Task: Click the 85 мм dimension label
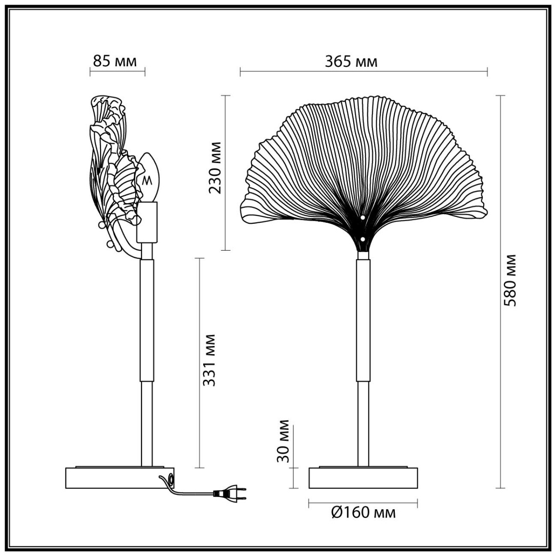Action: click(115, 62)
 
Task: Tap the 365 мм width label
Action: click(351, 62)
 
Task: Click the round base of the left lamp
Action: click(120, 478)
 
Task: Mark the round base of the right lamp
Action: click(363, 478)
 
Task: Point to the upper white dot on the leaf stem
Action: click(362, 218)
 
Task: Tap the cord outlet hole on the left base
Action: click(172, 479)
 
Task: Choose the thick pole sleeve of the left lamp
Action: click(146, 321)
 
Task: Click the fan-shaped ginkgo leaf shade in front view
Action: click(364, 163)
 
